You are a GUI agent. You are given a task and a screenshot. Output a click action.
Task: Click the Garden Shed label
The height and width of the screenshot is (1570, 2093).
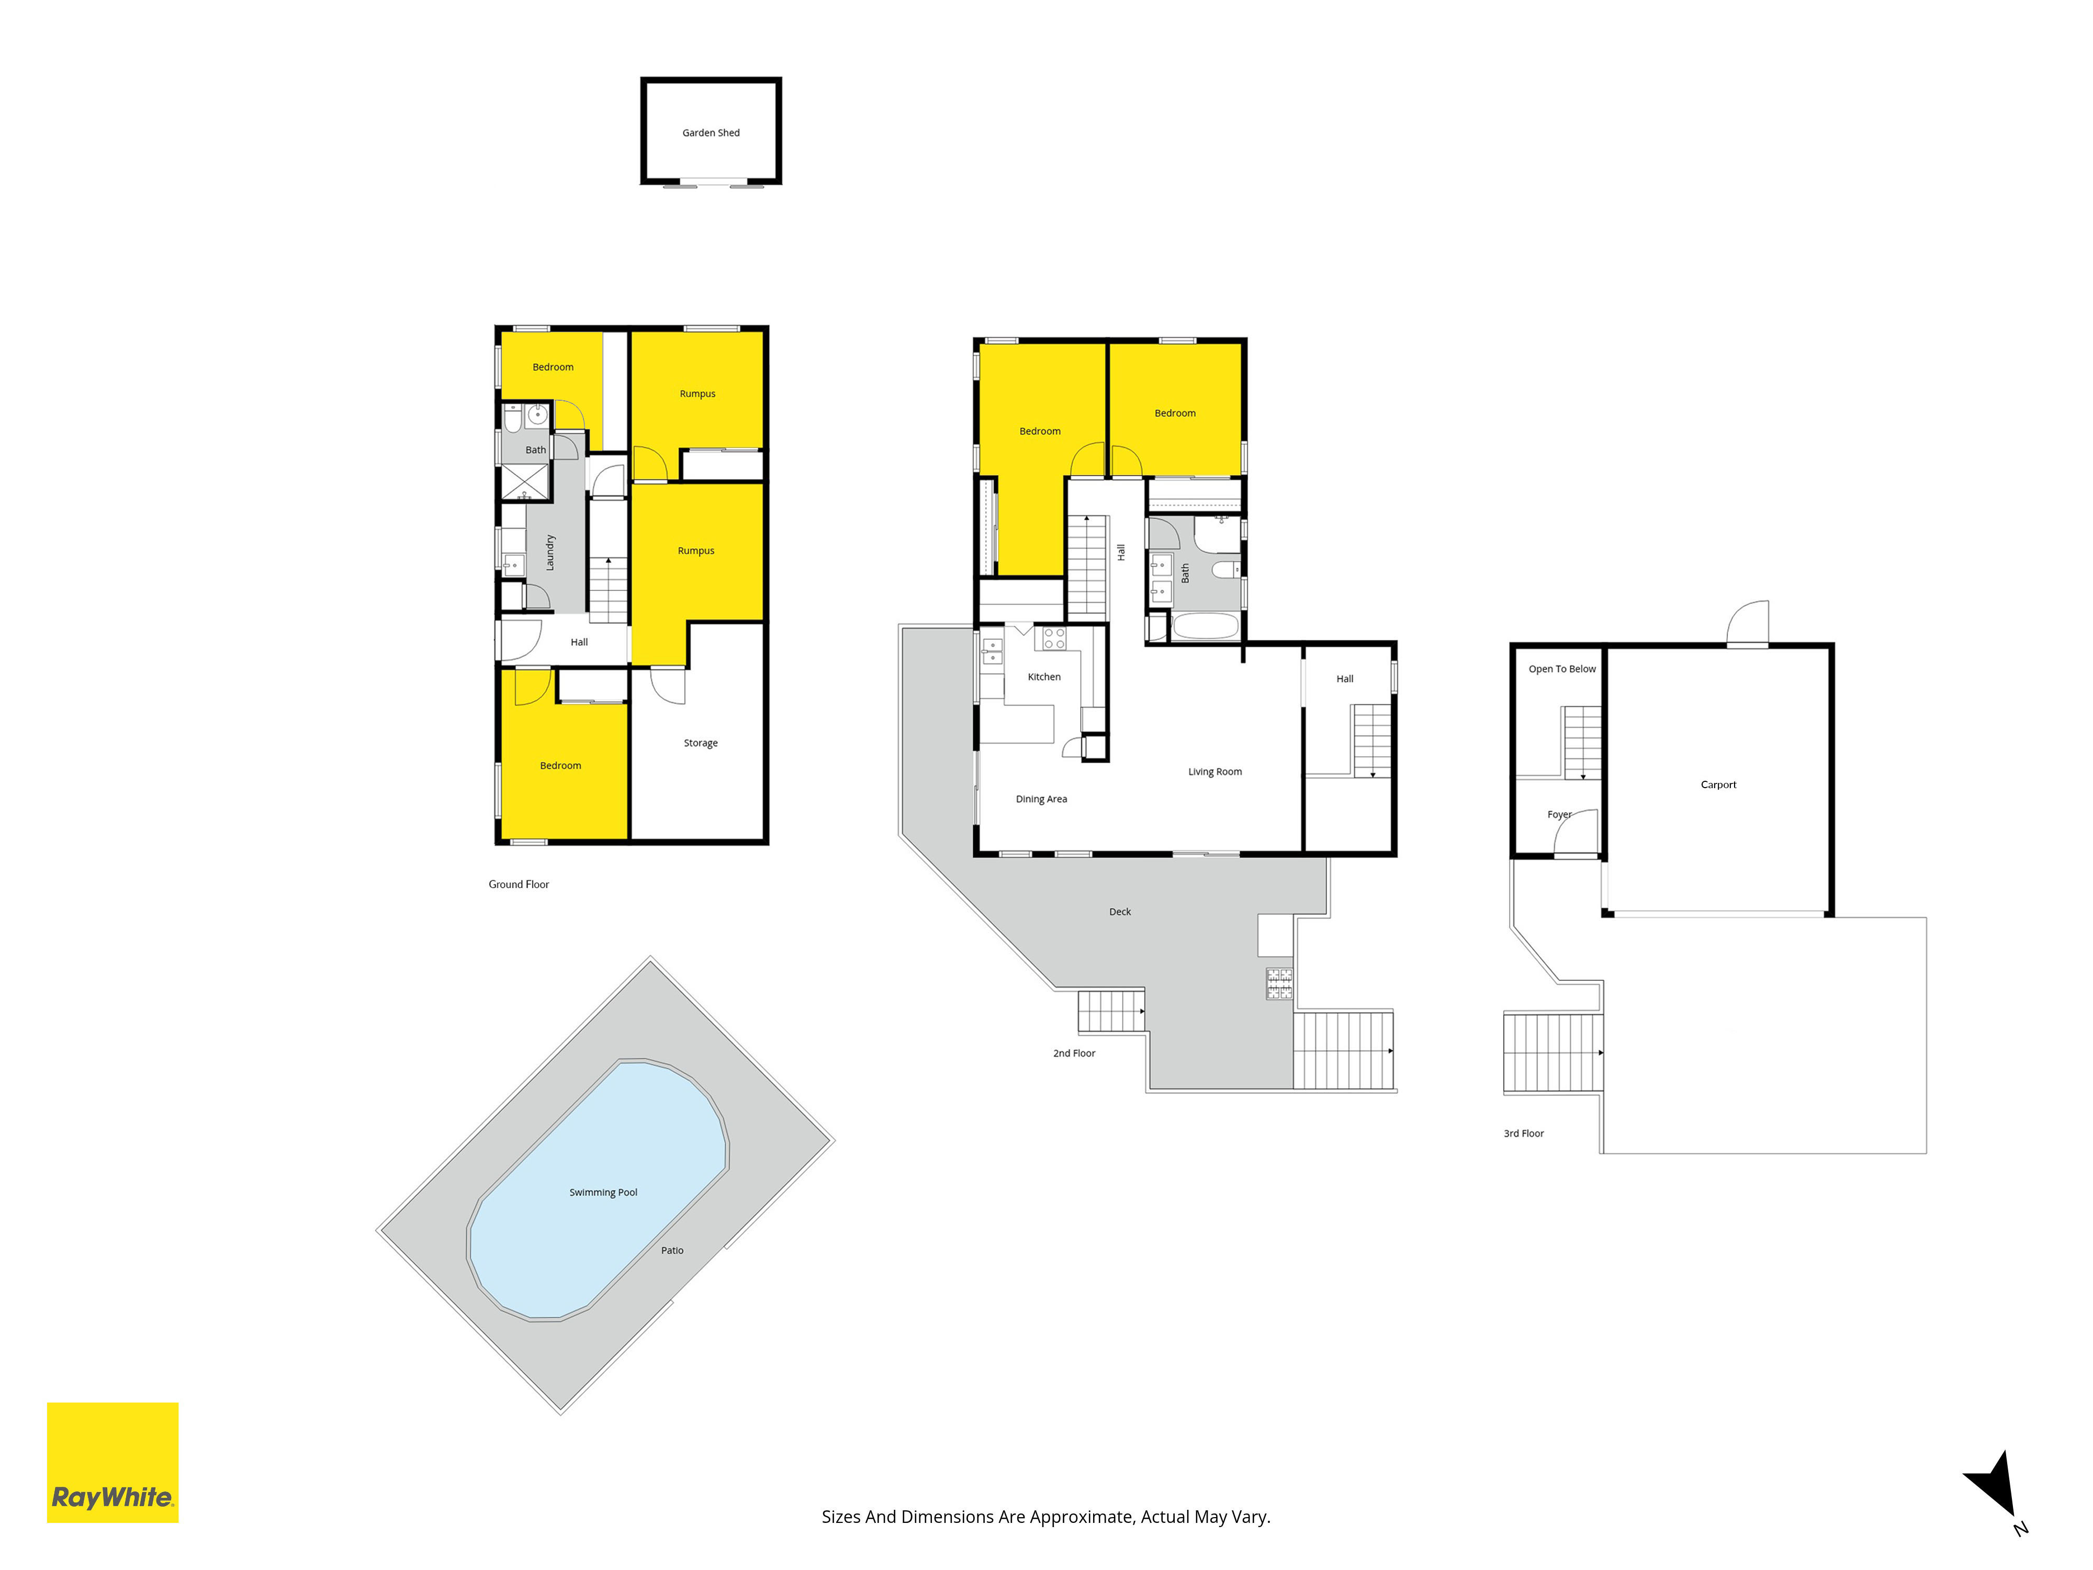click(711, 132)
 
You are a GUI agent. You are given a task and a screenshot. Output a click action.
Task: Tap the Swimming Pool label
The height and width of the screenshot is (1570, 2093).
click(603, 1192)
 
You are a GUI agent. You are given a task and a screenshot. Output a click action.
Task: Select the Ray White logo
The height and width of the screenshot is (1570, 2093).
click(112, 1462)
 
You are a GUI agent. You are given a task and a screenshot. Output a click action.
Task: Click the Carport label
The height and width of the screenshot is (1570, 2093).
click(1718, 784)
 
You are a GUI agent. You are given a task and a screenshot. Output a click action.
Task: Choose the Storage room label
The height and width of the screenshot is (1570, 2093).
click(700, 743)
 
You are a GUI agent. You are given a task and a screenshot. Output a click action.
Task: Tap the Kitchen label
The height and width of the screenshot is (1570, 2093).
click(1044, 677)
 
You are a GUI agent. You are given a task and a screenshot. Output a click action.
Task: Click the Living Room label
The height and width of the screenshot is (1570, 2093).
click(1215, 771)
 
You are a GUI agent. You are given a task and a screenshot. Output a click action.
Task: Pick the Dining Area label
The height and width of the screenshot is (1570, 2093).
click(1041, 799)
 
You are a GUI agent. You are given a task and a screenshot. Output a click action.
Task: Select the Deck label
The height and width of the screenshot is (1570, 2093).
click(1119, 911)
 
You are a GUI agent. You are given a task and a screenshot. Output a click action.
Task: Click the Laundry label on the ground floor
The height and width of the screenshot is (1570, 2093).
click(550, 553)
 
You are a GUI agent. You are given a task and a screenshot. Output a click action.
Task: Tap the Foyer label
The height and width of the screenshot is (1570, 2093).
click(1558, 814)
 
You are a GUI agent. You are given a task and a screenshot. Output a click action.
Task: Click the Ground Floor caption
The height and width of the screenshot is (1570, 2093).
click(519, 884)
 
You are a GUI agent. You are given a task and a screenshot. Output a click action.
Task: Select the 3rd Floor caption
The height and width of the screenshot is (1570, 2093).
click(1523, 1133)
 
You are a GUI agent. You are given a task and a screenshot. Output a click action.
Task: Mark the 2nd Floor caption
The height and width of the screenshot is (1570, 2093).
click(1074, 1052)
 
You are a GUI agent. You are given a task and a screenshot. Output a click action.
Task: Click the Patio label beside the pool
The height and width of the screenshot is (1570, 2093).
click(672, 1250)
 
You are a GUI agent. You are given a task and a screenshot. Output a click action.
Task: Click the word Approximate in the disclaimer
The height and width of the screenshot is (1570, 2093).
click(1081, 1517)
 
